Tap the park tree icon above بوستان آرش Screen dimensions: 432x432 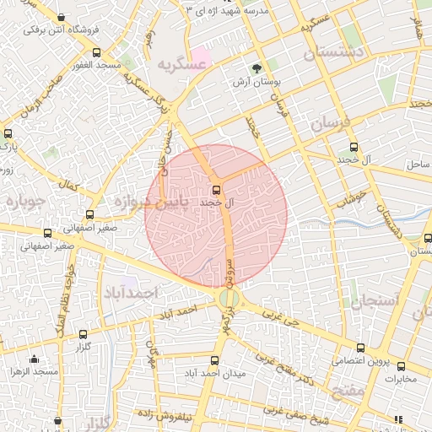(256, 67)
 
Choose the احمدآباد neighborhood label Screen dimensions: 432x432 (132, 292)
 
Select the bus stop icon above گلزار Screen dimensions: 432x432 (83, 334)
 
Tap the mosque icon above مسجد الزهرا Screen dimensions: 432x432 (35, 359)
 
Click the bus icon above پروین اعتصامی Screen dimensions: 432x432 (360, 347)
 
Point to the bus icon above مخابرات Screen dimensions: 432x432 (401, 366)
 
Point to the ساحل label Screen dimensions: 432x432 (418, 162)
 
